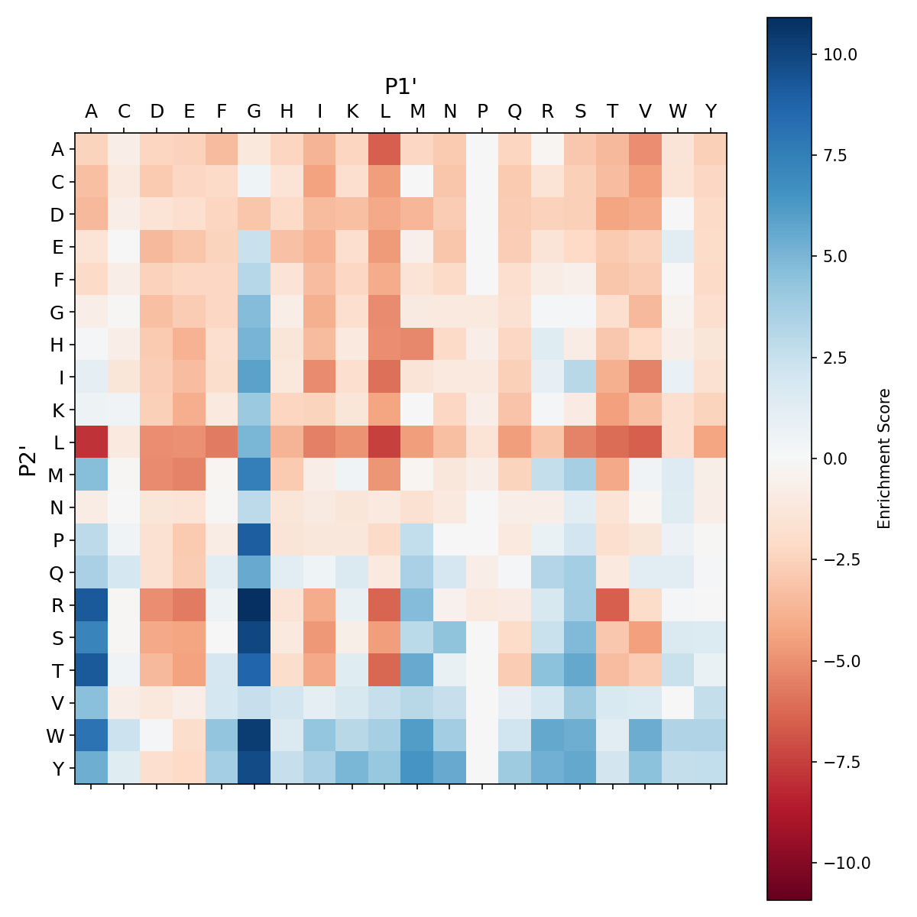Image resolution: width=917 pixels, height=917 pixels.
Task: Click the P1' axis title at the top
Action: pyautogui.click(x=400, y=86)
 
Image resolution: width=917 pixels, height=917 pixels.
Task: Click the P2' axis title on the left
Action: pyautogui.click(x=28, y=458)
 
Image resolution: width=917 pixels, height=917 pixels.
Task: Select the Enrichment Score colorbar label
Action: pyautogui.click(x=884, y=458)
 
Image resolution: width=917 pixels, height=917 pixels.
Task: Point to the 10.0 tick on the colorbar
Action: pyautogui.click(x=840, y=54)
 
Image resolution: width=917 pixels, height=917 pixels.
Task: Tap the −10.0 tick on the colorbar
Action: pyautogui.click(x=844, y=863)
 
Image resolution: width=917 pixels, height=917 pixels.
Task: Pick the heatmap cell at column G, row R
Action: pyautogui.click(x=254, y=605)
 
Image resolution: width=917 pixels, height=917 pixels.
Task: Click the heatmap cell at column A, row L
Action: pyautogui.click(x=92, y=442)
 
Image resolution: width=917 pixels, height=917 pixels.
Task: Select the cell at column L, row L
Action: pyautogui.click(x=385, y=442)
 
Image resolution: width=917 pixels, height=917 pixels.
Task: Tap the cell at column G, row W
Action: pyautogui.click(x=254, y=735)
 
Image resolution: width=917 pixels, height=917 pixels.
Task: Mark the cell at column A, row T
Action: pyautogui.click(x=92, y=670)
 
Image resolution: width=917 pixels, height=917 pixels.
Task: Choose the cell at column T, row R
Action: pyautogui.click(x=613, y=605)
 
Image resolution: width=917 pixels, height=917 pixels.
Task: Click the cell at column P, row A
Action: pyautogui.click(x=482, y=149)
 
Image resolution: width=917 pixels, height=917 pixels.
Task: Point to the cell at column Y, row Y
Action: pyautogui.click(x=711, y=768)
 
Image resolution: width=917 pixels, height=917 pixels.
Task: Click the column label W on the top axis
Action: pyautogui.click(x=678, y=112)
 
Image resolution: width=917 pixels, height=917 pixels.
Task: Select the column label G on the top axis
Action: pyautogui.click(x=254, y=112)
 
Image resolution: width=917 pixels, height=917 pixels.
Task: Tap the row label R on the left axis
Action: pyautogui.click(x=57, y=605)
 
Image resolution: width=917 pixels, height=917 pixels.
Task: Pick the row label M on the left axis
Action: pyautogui.click(x=57, y=475)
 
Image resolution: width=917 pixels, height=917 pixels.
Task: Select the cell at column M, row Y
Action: pyautogui.click(x=417, y=768)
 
